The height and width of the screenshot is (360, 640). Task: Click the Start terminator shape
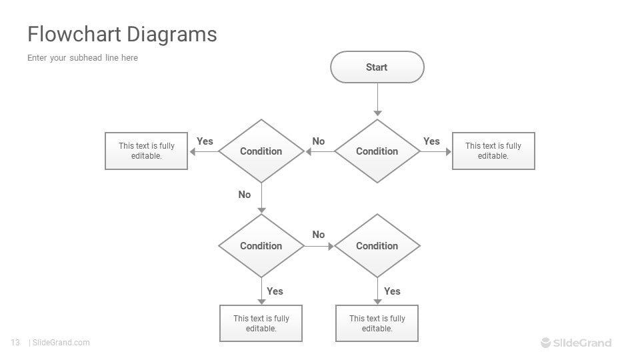(x=377, y=67)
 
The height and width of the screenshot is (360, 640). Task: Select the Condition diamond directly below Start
(x=377, y=151)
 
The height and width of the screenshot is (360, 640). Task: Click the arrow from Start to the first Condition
(x=377, y=100)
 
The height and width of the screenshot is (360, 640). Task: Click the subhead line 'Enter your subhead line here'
(x=83, y=58)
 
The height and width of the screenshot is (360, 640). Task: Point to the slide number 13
(x=15, y=343)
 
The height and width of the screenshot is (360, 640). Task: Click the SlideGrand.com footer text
(x=61, y=343)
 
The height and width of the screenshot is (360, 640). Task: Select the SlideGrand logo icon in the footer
(x=546, y=343)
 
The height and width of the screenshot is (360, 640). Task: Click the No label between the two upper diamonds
(x=319, y=141)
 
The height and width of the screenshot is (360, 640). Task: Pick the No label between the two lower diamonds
(x=319, y=235)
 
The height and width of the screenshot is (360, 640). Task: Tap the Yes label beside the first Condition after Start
(x=431, y=141)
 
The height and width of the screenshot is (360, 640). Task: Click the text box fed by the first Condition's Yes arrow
(x=493, y=151)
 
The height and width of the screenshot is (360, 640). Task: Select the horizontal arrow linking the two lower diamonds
(x=319, y=246)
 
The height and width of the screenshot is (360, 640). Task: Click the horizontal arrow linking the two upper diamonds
(x=320, y=151)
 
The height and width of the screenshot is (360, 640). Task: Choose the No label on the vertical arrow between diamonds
(x=245, y=195)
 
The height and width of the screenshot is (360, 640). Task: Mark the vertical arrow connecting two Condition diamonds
(x=261, y=198)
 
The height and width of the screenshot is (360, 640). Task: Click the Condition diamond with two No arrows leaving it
(x=261, y=246)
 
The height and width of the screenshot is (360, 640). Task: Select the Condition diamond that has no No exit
(x=377, y=246)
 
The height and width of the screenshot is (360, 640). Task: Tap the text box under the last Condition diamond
(x=377, y=323)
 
